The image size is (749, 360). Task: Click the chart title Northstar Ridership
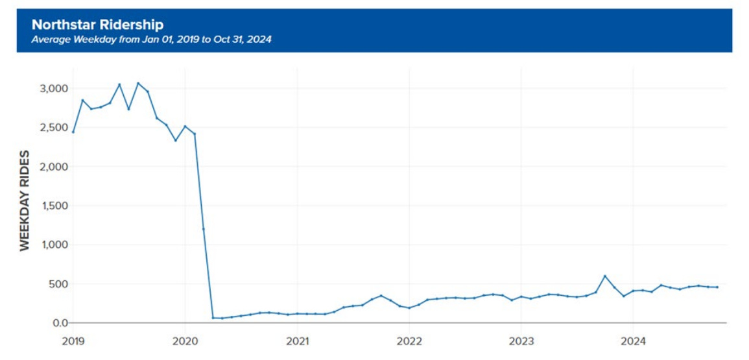coord(97,25)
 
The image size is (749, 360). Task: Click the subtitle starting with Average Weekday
coord(151,40)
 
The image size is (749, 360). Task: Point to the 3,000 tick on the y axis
coord(51,89)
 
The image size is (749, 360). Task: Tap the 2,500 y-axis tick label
coord(51,128)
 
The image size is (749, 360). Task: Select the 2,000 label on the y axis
coord(51,167)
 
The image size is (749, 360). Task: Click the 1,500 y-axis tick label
coord(51,206)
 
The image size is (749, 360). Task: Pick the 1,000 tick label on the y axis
coord(51,245)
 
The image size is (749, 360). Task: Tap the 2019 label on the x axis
coord(73,340)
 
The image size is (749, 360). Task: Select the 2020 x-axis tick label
coord(185,340)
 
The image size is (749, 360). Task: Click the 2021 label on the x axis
coord(297,340)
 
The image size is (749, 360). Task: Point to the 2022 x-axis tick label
coord(409,340)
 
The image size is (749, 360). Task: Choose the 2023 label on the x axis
coord(521,340)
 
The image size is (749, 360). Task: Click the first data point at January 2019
coord(73,132)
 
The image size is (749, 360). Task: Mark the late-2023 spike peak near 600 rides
coord(605,276)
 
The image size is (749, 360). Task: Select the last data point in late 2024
coord(717,287)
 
